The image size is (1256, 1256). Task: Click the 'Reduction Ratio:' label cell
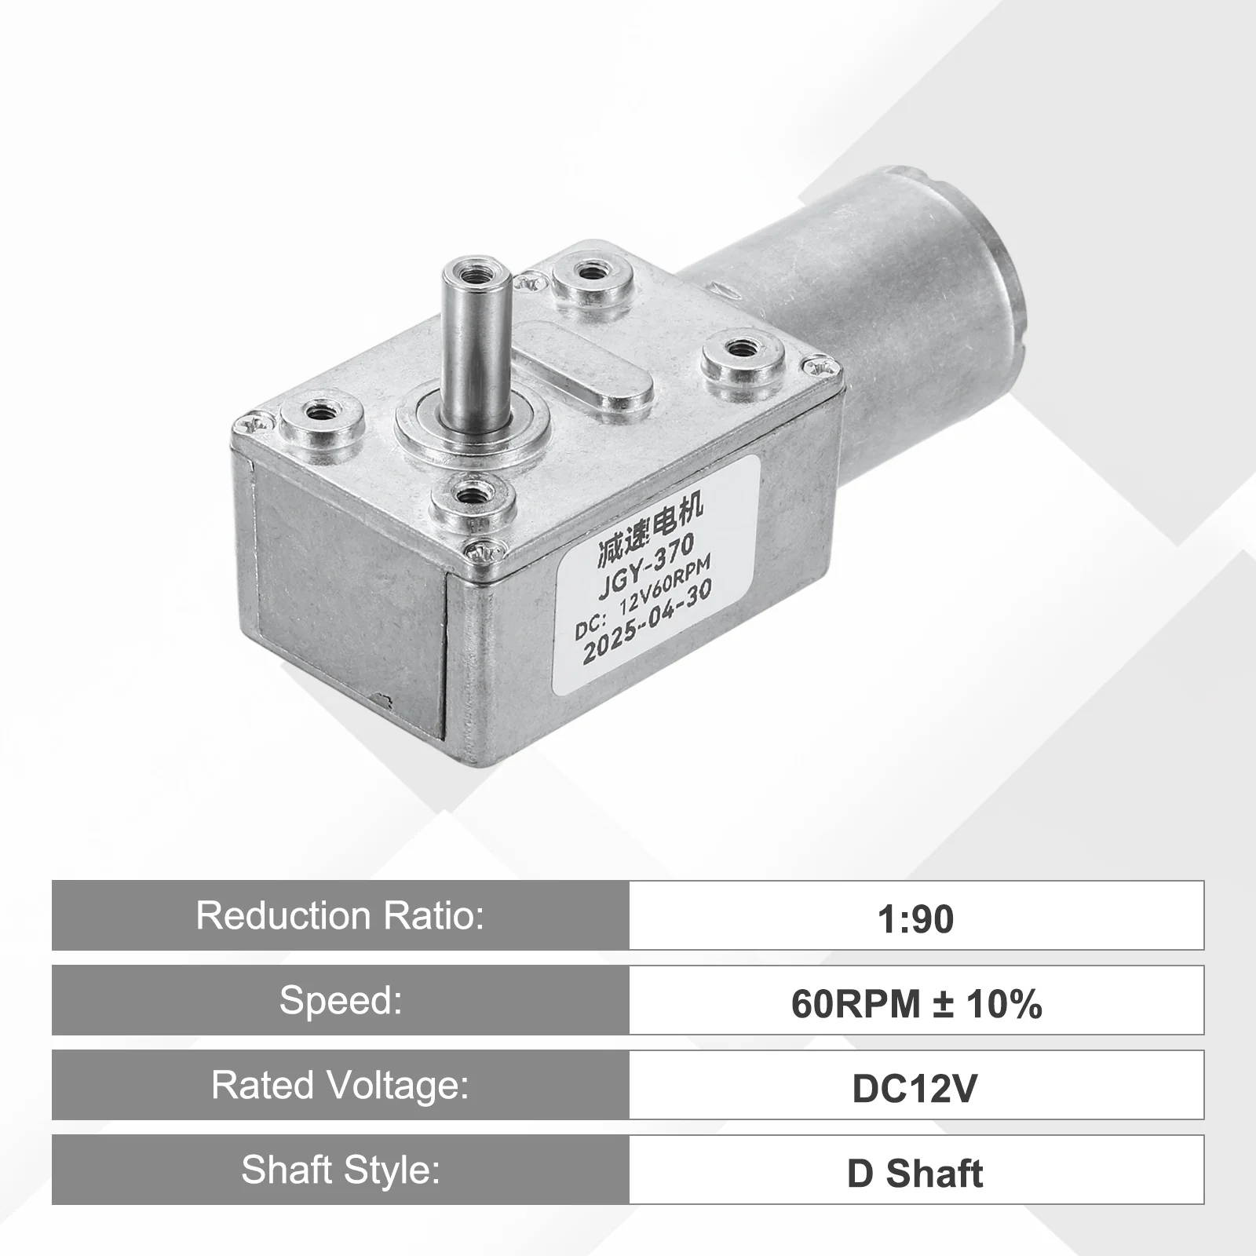(340, 915)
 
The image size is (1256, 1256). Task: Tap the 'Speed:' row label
(340, 1000)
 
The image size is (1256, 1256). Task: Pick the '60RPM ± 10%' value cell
(916, 1000)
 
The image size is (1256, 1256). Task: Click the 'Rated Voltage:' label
(340, 1085)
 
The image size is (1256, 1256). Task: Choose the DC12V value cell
(916, 1085)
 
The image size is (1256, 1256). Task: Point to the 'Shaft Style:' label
(340, 1170)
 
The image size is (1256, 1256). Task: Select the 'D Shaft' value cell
(916, 1170)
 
